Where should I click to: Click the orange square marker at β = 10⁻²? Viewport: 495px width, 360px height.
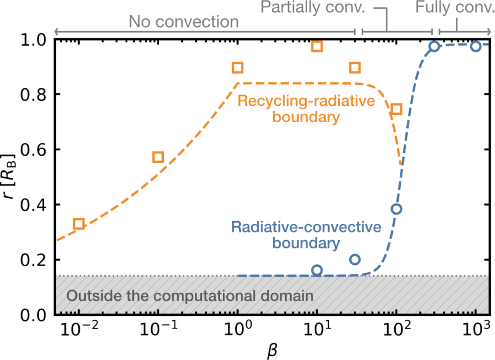78,224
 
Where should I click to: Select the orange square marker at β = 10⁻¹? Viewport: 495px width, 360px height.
158,157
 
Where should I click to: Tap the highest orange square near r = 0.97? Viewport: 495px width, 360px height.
316,46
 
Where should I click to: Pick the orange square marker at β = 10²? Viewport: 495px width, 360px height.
396,109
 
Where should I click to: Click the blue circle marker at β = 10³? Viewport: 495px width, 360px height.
476,46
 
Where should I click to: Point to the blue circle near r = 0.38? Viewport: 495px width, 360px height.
396,208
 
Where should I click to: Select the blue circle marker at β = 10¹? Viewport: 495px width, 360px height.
317,270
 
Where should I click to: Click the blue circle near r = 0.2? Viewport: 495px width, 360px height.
355,259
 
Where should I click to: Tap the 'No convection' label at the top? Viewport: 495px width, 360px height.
184,21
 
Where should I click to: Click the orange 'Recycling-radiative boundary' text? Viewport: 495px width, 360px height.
289,109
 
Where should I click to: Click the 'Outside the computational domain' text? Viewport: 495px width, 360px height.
190,296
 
